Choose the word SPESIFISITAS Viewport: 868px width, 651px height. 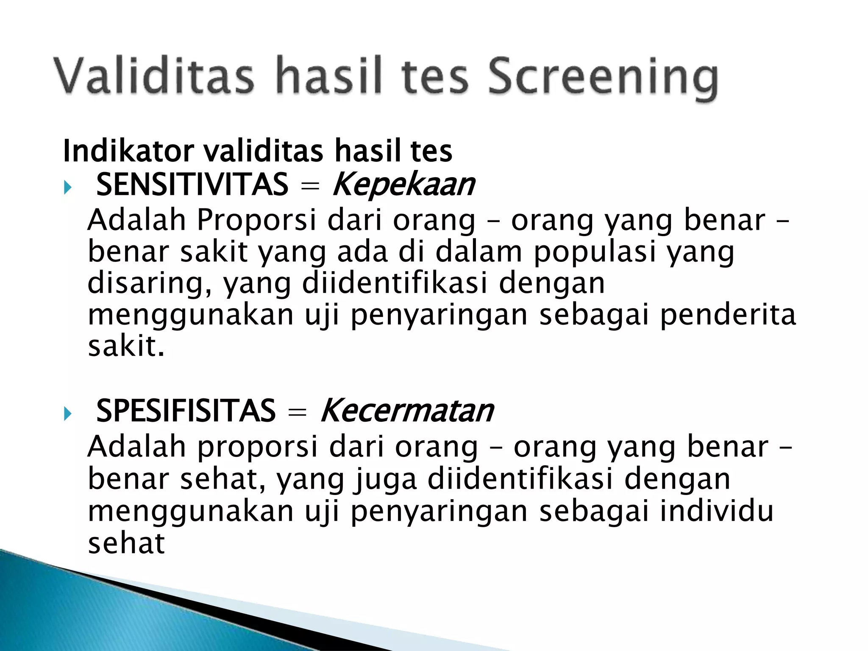pyautogui.click(x=186, y=411)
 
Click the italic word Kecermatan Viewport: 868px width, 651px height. pyautogui.click(x=407, y=411)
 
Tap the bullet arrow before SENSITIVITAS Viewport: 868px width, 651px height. pyautogui.click(x=68, y=187)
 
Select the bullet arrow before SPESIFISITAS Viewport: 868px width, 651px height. pyautogui.click(x=68, y=413)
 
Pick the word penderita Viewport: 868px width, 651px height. pyautogui.click(x=727, y=314)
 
